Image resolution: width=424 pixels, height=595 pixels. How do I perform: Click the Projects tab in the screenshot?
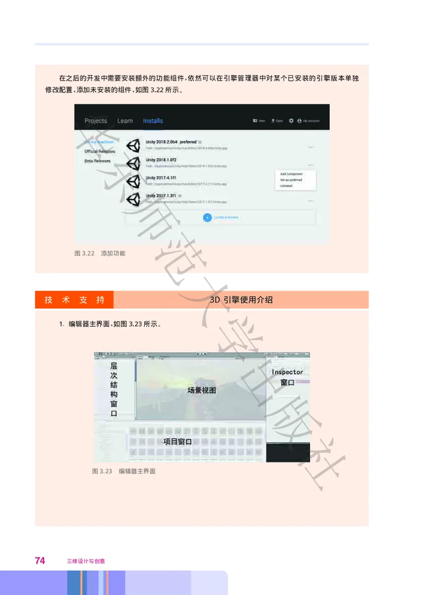(95, 121)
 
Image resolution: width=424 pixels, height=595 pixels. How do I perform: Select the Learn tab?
(125, 121)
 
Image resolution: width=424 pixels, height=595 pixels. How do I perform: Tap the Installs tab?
(153, 121)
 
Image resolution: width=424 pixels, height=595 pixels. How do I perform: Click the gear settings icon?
(291, 121)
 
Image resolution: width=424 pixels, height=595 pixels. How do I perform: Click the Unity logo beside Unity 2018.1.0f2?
(134, 163)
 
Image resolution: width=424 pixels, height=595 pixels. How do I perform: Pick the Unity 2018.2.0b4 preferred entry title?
(171, 142)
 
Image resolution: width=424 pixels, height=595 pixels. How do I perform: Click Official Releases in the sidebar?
(100, 151)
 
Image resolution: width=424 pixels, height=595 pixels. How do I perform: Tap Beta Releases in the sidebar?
(98, 161)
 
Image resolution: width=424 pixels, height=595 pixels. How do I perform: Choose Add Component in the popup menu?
(291, 174)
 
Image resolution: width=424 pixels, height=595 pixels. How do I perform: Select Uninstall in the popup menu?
(286, 186)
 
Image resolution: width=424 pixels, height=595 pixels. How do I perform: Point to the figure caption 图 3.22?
(84, 253)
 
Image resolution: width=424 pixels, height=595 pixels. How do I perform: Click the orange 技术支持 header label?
(74, 300)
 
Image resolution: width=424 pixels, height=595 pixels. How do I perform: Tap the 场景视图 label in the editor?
(201, 390)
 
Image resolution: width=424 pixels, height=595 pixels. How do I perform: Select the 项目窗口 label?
(177, 441)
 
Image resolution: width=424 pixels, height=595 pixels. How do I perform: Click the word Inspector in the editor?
(287, 372)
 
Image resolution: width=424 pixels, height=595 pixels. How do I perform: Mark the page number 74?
(40, 560)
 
